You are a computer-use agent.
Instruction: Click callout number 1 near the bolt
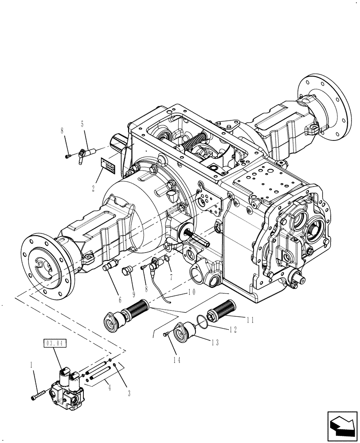pyautogui.click(x=31, y=366)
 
